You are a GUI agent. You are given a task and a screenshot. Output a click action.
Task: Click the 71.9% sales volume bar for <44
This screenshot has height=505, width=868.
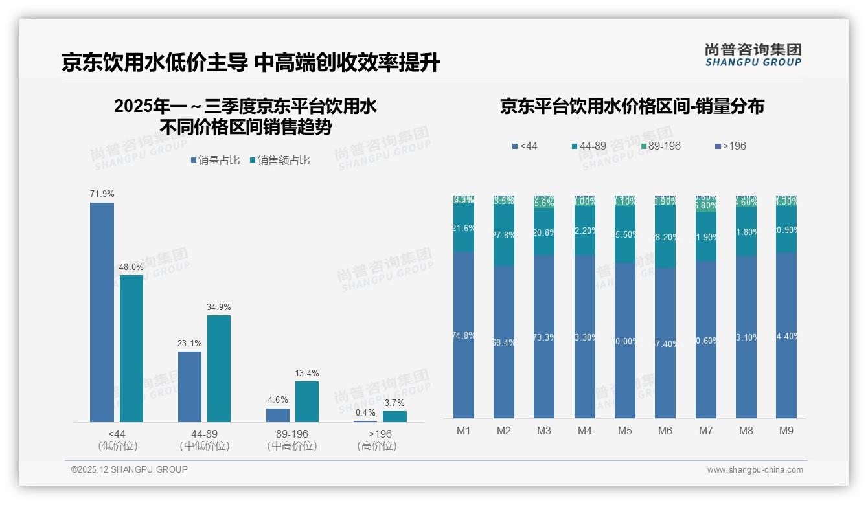[102, 312]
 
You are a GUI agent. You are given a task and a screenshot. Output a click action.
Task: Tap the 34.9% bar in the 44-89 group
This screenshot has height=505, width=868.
[219, 368]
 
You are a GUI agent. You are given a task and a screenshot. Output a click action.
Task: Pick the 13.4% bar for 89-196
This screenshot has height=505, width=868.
[307, 401]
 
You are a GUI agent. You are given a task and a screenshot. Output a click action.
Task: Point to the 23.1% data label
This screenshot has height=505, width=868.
[190, 343]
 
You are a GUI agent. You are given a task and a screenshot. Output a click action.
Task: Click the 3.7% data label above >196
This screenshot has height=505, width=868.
[394, 403]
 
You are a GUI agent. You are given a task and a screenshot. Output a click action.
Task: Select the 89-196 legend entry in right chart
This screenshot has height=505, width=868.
[660, 146]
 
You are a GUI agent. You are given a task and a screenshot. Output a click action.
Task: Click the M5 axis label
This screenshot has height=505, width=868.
[624, 431]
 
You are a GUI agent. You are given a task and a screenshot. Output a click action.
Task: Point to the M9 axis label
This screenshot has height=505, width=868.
[786, 431]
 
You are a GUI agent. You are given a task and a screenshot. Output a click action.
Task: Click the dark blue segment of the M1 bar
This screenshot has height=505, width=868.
[464, 335]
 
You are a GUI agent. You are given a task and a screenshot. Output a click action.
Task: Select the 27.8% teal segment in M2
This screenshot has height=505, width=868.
[504, 235]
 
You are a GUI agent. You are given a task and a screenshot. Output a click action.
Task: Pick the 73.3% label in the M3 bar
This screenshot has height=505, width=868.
[544, 338]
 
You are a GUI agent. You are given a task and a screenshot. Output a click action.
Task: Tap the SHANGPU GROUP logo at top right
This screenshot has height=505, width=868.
[753, 55]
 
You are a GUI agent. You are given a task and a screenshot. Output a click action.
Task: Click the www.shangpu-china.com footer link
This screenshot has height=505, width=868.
[755, 470]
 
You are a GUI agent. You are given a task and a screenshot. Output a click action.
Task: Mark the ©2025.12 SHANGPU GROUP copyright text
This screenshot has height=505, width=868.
[130, 469]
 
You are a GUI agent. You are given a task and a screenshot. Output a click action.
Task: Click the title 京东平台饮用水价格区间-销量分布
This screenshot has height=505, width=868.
[632, 106]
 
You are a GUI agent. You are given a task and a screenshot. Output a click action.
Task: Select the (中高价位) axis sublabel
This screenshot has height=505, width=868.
[292, 446]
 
